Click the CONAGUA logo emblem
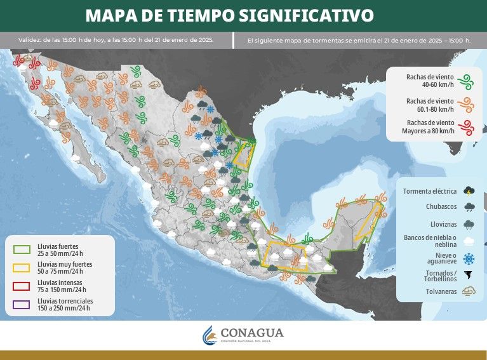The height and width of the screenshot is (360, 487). coord(209,335)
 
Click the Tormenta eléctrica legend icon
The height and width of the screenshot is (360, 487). coord(469,190)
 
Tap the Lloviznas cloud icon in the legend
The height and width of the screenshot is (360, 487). coord(469,223)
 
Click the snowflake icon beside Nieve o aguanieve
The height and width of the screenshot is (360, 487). coord(469,258)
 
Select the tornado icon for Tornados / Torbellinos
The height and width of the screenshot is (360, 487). coord(469,276)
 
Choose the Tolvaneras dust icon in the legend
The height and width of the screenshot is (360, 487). coord(469,292)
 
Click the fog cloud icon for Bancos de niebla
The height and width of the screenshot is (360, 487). coord(469,241)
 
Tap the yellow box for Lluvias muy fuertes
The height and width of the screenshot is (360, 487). coord(22,267)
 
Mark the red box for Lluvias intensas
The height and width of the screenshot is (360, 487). coord(22,286)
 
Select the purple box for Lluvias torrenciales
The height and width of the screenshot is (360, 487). coord(22,304)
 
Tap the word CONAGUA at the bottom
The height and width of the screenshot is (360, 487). coord(252,333)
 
